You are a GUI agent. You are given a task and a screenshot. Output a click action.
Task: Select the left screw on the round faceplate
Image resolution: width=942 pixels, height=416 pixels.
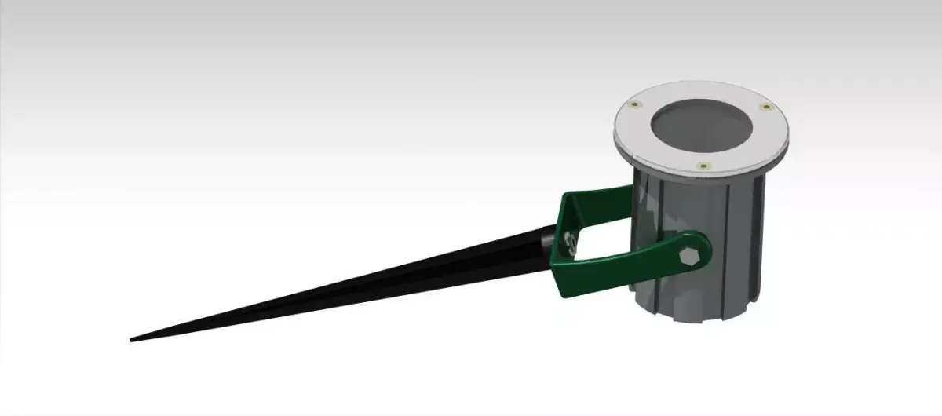click(633, 105)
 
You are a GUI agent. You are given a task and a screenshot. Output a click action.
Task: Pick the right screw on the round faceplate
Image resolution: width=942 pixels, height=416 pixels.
click(765, 107)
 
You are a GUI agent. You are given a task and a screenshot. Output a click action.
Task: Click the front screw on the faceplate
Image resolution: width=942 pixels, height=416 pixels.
click(703, 165)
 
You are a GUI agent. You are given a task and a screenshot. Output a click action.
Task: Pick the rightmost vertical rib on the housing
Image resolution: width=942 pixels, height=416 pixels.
click(760, 235)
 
